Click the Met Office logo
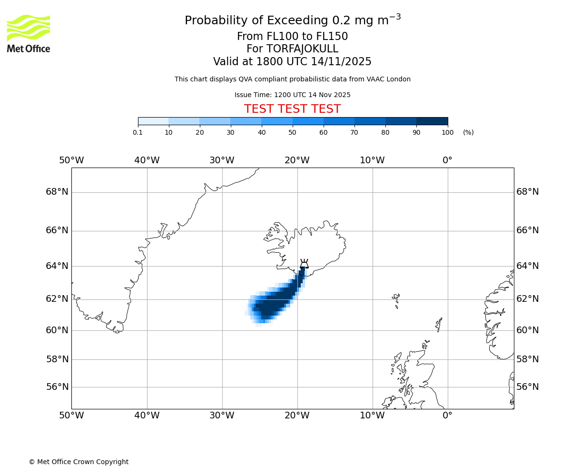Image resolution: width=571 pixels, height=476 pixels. point(29,33)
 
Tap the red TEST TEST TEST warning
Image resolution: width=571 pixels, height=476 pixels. point(292,109)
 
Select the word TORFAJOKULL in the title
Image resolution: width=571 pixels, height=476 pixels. point(302,49)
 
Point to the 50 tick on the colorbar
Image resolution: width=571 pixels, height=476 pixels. point(293,132)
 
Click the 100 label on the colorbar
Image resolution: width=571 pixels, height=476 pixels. point(447,132)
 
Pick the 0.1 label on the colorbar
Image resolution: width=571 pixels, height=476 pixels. point(138,132)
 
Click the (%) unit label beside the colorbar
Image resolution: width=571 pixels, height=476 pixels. point(468,132)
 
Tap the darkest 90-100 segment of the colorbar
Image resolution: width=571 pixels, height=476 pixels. point(432,121)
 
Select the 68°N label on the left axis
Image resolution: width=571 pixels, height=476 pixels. point(57,192)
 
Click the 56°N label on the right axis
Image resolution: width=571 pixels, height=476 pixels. point(528,387)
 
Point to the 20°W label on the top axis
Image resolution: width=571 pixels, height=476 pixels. point(297,160)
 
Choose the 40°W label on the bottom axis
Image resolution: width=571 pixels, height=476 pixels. point(147,416)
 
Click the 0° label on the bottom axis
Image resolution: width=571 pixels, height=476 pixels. point(447,416)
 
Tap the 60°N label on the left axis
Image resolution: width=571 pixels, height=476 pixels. point(57,330)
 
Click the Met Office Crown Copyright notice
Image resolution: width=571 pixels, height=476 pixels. point(79,462)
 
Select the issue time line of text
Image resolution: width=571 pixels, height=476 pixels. point(292,95)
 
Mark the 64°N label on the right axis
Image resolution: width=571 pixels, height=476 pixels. point(528,266)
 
